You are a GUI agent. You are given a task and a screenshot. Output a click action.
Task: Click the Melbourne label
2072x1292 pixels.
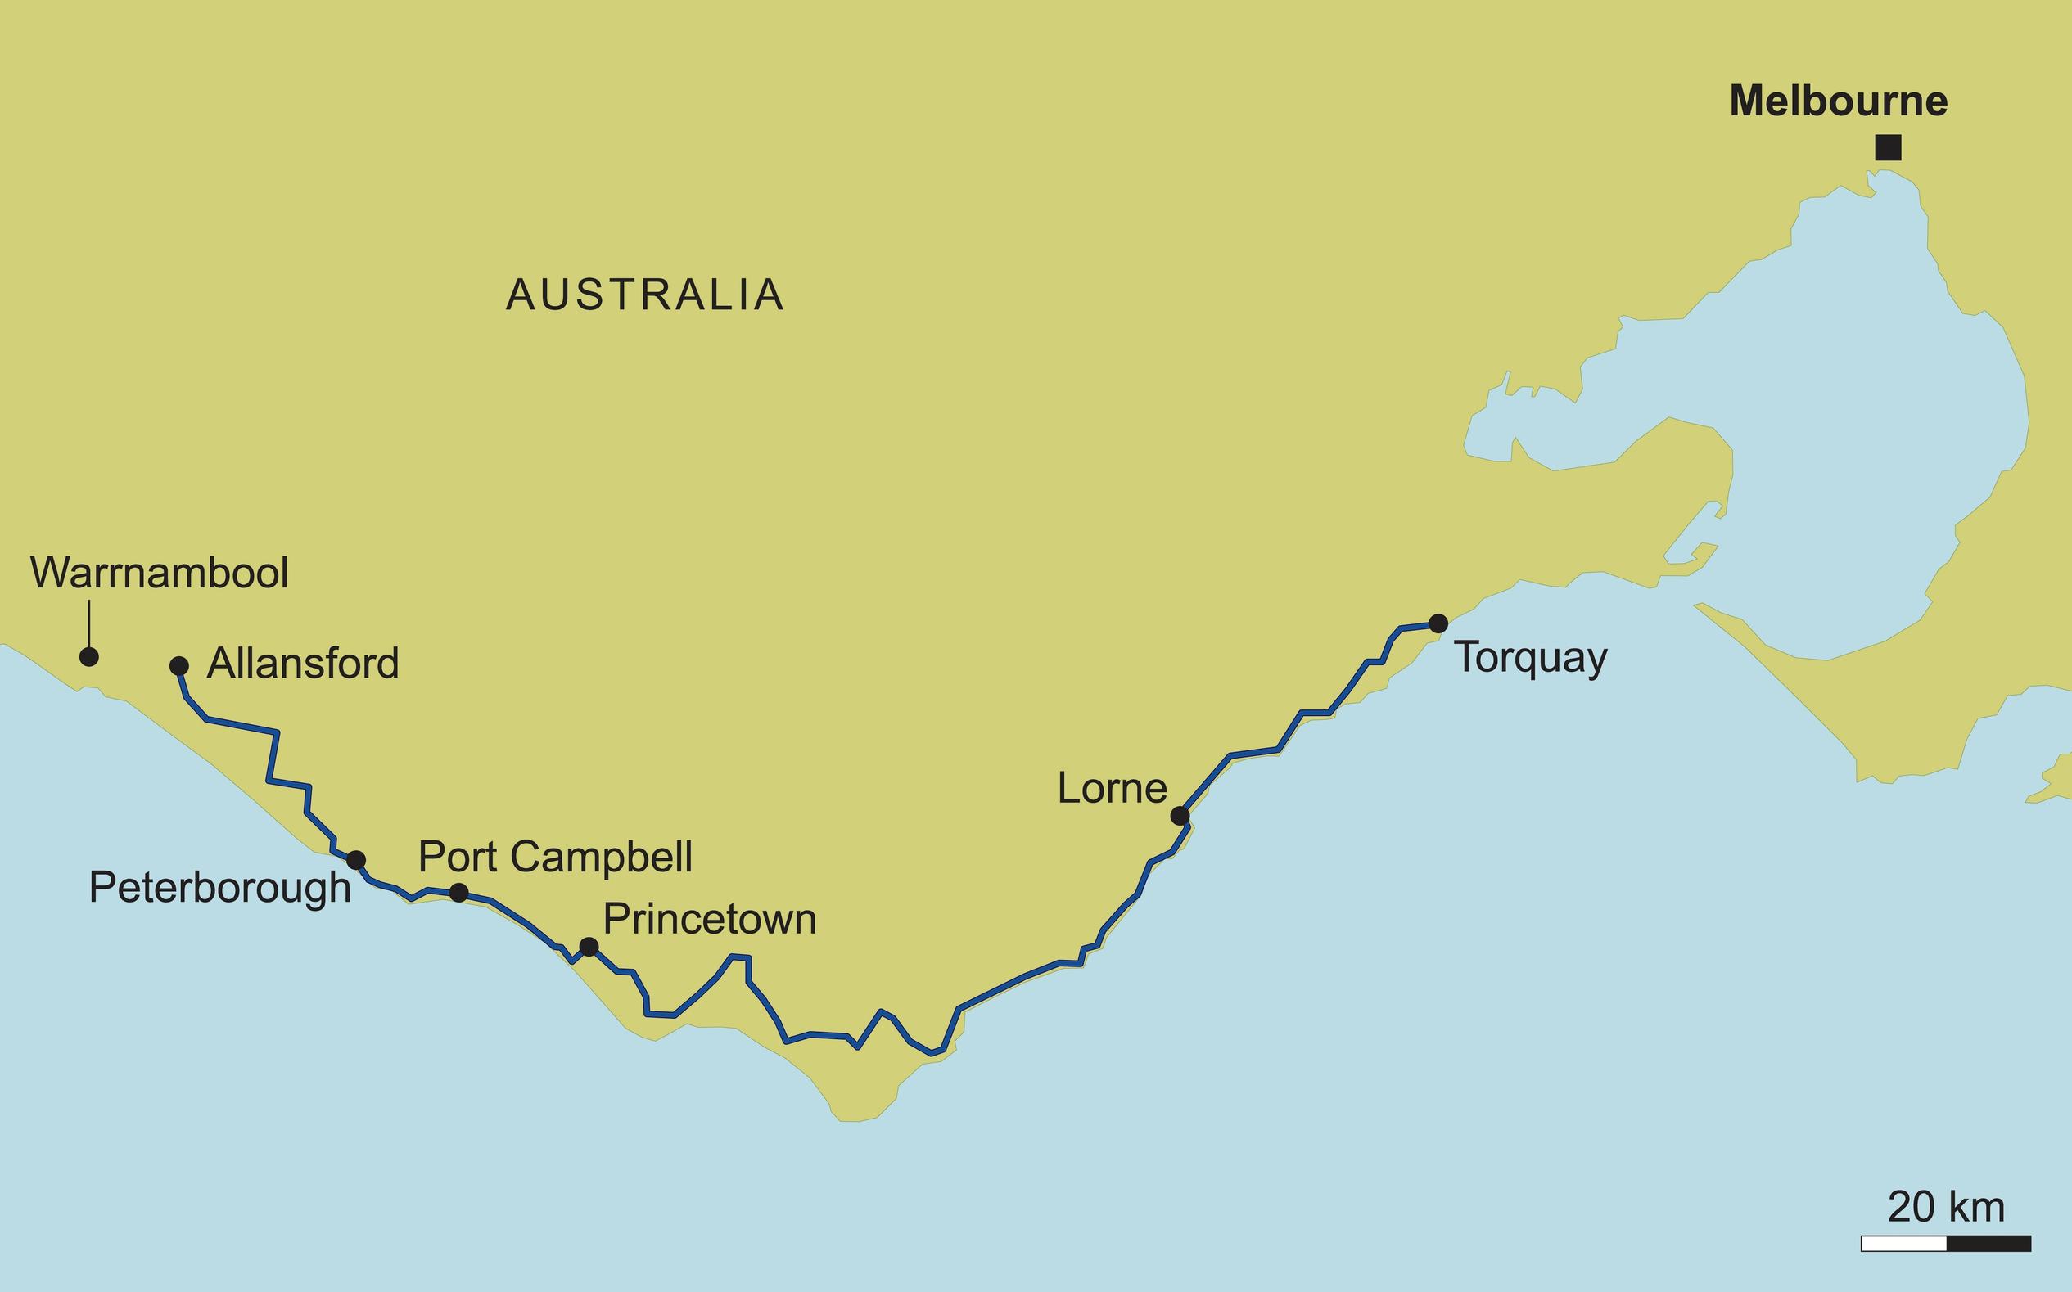point(1838,101)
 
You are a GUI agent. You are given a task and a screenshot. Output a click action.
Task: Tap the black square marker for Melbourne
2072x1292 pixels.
point(1889,148)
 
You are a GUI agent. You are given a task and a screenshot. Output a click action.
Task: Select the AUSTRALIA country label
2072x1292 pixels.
point(645,295)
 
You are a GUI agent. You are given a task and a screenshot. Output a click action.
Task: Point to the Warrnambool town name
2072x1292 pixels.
point(160,573)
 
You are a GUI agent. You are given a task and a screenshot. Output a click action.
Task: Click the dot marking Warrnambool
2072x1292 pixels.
point(89,656)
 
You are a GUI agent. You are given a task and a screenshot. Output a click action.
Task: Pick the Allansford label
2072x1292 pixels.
point(303,663)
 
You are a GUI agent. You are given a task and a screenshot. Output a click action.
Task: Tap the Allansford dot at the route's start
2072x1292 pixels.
point(179,666)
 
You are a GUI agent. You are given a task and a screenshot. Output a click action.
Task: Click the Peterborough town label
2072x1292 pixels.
point(219,888)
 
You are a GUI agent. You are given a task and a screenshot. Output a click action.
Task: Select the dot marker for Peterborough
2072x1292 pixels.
point(356,860)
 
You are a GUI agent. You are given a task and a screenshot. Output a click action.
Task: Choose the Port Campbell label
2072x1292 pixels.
point(555,856)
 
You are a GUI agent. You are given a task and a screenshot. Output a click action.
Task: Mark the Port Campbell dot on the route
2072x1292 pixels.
point(459,892)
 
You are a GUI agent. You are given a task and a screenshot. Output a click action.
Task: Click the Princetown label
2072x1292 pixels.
point(710,920)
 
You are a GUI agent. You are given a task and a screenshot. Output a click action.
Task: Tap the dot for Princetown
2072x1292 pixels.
point(589,947)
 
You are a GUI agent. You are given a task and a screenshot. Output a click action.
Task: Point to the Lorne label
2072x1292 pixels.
point(1112,788)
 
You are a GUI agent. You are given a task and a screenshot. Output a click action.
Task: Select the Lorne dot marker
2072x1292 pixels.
point(1180,816)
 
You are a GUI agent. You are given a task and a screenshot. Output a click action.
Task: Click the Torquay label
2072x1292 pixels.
point(1531,658)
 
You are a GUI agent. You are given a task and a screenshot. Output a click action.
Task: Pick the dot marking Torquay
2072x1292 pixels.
point(1438,623)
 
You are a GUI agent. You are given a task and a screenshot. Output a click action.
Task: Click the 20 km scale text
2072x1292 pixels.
point(1945,1208)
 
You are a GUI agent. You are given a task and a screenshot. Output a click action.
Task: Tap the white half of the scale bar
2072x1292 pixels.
point(1903,1245)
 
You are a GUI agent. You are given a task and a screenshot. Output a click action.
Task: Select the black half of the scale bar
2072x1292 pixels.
point(1988,1245)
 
